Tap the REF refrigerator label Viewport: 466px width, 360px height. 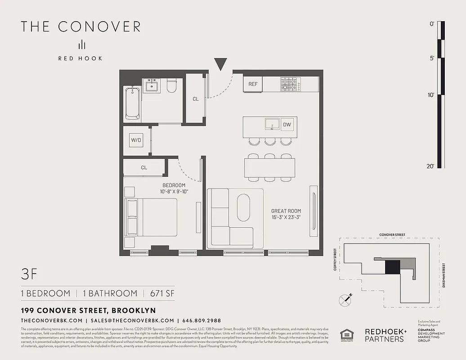click(253, 84)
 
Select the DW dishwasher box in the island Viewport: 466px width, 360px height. click(287, 124)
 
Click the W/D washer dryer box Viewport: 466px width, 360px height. click(136, 140)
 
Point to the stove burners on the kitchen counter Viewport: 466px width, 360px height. click(291, 84)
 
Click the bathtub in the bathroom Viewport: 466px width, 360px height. click(132, 103)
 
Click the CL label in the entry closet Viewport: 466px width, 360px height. click(196, 99)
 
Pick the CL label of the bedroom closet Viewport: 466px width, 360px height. click(144, 167)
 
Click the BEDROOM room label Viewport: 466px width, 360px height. click(174, 185)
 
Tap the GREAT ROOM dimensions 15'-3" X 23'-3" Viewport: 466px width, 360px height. click(286, 218)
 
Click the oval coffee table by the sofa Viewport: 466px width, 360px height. click(243, 207)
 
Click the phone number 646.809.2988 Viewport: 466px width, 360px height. click(202, 320)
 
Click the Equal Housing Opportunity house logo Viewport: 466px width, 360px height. click(347, 335)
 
